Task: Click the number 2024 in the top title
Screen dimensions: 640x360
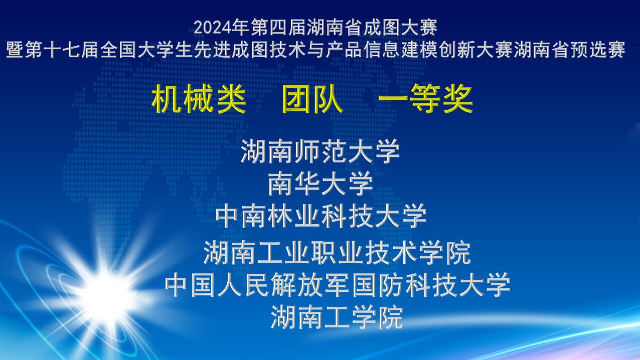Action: coord(212,28)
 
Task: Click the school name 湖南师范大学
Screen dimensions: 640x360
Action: coord(320,151)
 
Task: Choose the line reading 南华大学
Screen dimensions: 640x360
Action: coord(321,183)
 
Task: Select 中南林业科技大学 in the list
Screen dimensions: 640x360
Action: coord(321,216)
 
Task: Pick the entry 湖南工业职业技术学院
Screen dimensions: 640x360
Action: coord(337,252)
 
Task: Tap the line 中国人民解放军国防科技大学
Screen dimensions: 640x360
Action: coord(338,285)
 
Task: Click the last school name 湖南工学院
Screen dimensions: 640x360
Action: coord(337,317)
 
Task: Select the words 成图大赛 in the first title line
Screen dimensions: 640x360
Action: coord(400,28)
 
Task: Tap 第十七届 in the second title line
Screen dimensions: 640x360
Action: coord(62,50)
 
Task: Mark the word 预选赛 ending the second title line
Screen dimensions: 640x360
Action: coord(597,50)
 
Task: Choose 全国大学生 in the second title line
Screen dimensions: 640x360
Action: coord(147,50)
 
